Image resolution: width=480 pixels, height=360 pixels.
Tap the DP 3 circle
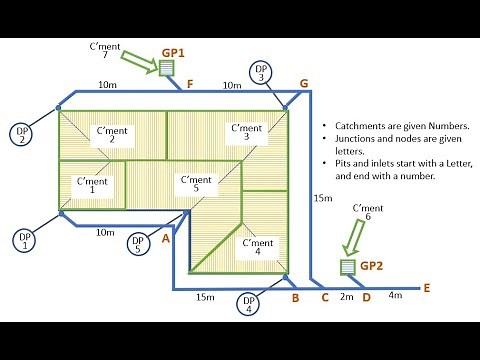261,71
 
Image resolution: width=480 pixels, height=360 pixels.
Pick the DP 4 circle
246,303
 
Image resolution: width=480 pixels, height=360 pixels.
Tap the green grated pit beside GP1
165,67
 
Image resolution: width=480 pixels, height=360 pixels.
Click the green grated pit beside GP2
347,267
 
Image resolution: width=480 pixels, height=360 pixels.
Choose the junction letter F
190,84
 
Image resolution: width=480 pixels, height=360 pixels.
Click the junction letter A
166,238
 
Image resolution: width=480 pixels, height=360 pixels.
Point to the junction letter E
426,288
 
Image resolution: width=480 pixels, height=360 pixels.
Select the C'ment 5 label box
194,183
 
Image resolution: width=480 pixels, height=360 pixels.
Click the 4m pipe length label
395,295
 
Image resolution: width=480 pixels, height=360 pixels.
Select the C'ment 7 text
104,51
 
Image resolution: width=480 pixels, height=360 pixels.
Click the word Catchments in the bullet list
367,128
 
